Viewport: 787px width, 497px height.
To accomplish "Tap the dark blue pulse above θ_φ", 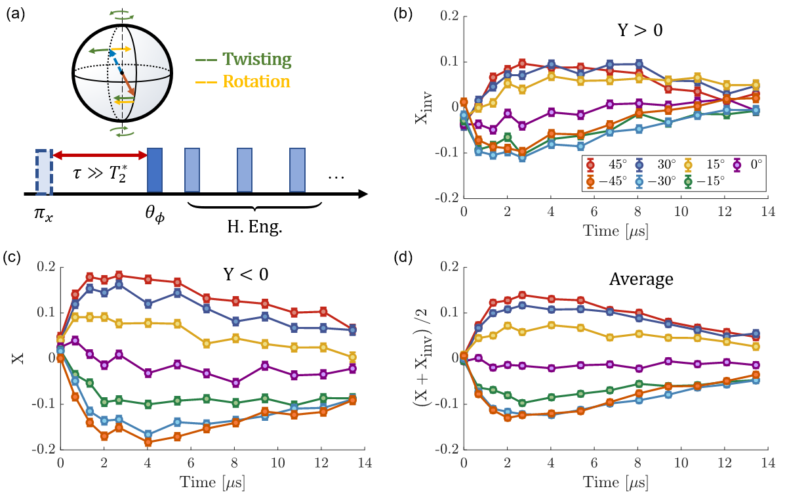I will point(155,169).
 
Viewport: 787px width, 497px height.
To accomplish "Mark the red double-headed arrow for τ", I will point(100,156).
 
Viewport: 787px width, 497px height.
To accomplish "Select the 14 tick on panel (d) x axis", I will point(768,462).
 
